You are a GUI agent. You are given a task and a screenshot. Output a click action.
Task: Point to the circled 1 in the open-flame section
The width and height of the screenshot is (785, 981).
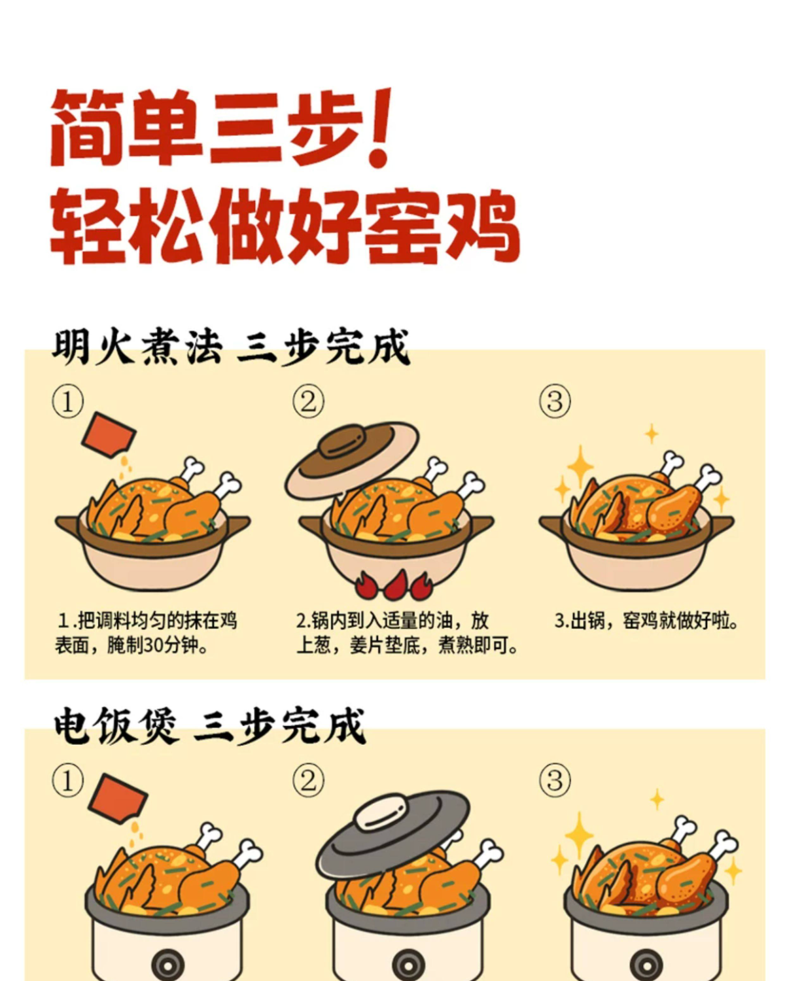(x=68, y=402)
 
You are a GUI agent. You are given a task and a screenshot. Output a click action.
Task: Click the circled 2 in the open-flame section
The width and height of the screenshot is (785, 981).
(x=308, y=402)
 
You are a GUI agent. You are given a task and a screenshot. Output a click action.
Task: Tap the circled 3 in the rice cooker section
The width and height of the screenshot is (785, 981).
(x=555, y=780)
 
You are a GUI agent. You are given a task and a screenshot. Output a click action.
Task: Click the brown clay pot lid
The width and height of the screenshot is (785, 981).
(x=352, y=458)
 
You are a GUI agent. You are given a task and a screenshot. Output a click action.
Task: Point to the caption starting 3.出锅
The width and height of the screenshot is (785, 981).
(x=646, y=621)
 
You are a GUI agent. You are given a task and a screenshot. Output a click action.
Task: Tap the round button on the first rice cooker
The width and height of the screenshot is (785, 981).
(x=168, y=965)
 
